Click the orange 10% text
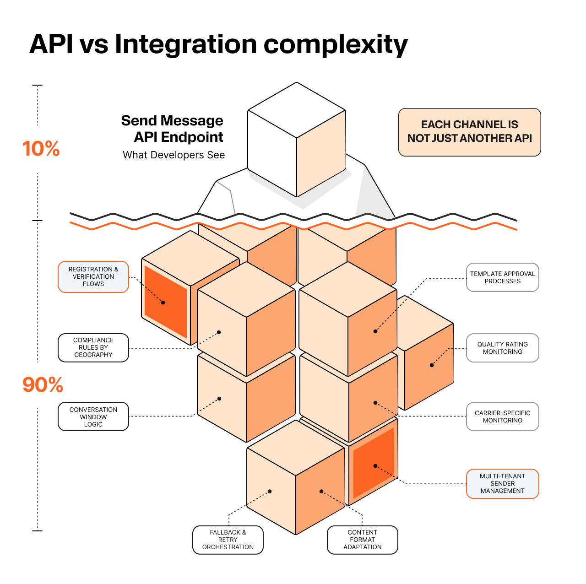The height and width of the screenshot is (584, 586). (x=41, y=149)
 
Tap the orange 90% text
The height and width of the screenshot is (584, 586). (x=43, y=385)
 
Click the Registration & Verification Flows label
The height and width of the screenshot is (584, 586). (x=93, y=277)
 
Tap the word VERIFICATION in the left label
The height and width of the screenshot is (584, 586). (x=93, y=277)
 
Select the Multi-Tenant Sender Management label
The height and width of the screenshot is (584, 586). (x=502, y=484)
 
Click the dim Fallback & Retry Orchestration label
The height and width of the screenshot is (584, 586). (x=228, y=540)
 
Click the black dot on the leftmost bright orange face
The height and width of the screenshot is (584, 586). (x=163, y=303)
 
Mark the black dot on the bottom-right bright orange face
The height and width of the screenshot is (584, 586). (x=375, y=466)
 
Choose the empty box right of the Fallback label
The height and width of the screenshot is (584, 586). (x=362, y=540)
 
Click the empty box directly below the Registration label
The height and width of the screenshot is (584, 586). (x=93, y=348)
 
